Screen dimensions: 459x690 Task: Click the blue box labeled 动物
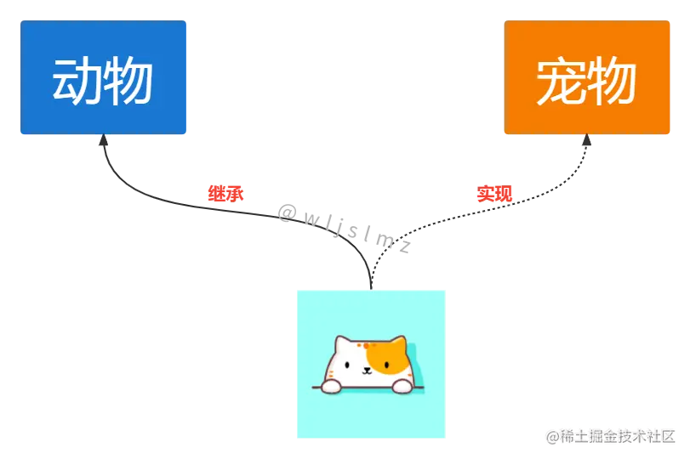tap(104, 78)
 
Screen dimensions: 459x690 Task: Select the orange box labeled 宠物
tap(587, 78)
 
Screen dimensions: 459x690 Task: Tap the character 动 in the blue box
tap(77, 82)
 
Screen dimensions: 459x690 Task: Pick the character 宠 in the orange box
tap(561, 82)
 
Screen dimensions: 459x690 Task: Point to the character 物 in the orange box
tap(612, 82)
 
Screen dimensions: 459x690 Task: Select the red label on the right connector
tap(495, 195)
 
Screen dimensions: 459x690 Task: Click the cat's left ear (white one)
tap(342, 343)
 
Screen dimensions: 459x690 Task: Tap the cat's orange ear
tap(396, 343)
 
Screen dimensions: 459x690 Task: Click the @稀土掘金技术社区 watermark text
tap(611, 435)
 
